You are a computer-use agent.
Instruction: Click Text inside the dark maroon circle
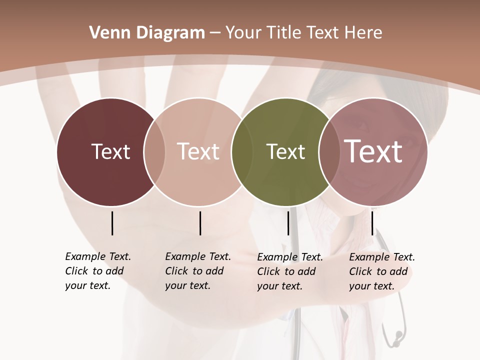click(x=110, y=151)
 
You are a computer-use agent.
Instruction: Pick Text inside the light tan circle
click(x=198, y=151)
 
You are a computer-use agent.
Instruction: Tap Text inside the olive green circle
click(x=285, y=151)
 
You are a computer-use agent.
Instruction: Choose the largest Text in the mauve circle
click(x=373, y=151)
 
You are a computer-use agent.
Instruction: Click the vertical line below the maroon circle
click(x=112, y=223)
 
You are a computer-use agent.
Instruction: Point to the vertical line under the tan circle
click(x=200, y=223)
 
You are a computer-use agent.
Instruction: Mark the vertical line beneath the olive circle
click(x=288, y=223)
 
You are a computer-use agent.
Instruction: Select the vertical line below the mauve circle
click(x=372, y=223)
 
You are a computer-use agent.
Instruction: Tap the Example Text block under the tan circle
click(x=197, y=271)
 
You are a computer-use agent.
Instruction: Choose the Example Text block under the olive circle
click(x=289, y=271)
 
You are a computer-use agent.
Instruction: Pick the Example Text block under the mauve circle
click(x=381, y=271)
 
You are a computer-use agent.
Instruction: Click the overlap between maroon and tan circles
click(x=154, y=151)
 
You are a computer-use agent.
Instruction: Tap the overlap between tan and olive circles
click(x=242, y=151)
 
